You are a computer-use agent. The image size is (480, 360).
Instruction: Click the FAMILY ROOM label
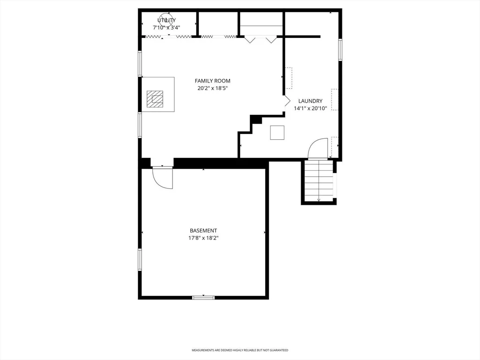(x=212, y=81)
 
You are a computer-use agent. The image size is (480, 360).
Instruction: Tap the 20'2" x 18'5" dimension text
(x=212, y=89)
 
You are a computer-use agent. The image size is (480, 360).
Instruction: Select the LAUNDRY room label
(x=310, y=101)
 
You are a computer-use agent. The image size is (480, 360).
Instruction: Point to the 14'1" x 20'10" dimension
(x=310, y=108)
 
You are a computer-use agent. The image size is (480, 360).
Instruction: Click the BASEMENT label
(x=203, y=231)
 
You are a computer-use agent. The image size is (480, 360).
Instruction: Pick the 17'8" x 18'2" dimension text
(x=203, y=238)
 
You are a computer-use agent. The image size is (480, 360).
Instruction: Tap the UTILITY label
(x=166, y=20)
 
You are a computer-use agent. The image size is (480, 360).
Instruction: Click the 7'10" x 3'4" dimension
(x=166, y=28)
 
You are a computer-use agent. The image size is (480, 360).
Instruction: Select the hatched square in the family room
(x=155, y=99)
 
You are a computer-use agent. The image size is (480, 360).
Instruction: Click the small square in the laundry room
(x=277, y=133)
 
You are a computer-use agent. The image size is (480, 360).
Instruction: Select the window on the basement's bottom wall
(x=203, y=297)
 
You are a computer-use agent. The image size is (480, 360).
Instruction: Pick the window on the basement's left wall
(x=140, y=260)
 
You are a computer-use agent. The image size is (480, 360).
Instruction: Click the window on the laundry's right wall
(x=340, y=50)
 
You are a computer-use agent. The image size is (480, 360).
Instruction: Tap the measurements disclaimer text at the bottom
(x=240, y=350)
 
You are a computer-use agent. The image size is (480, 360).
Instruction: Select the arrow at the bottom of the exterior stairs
(x=319, y=199)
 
